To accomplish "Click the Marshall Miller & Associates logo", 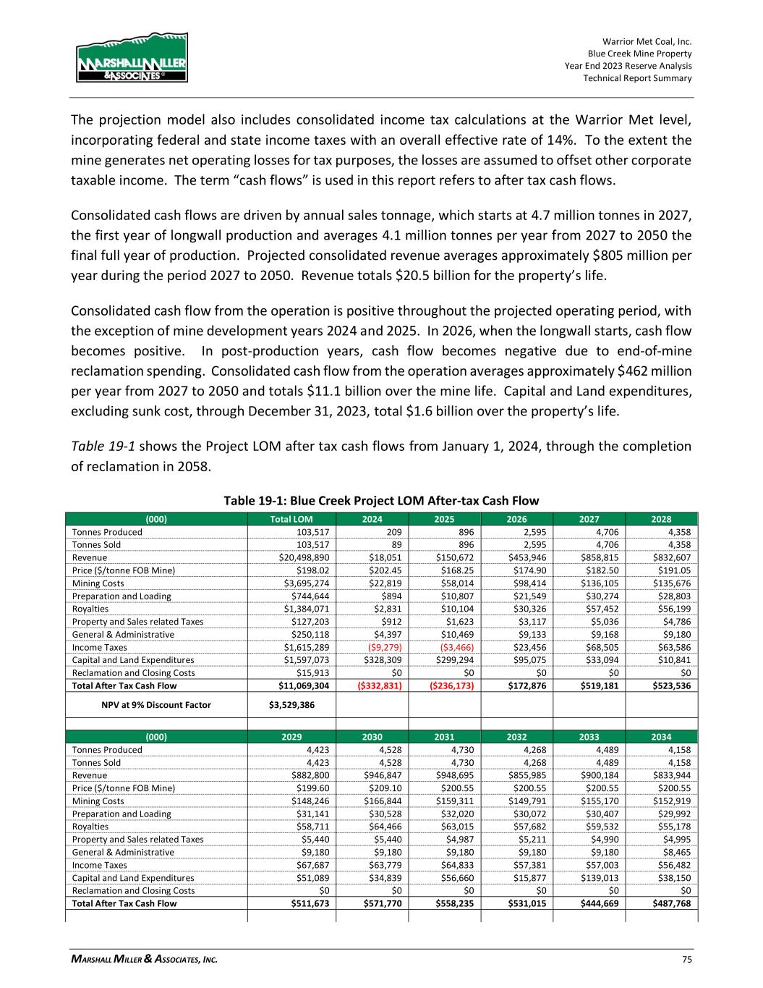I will pos(132,57).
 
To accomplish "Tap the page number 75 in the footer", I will pos(686,960).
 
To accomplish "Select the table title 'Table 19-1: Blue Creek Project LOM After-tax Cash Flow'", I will pos(381,500).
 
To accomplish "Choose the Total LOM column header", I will pos(291,519).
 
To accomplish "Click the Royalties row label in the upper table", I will pos(91,609).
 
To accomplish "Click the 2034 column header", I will pos(661,737).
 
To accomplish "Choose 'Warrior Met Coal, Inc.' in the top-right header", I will pos(647,42).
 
